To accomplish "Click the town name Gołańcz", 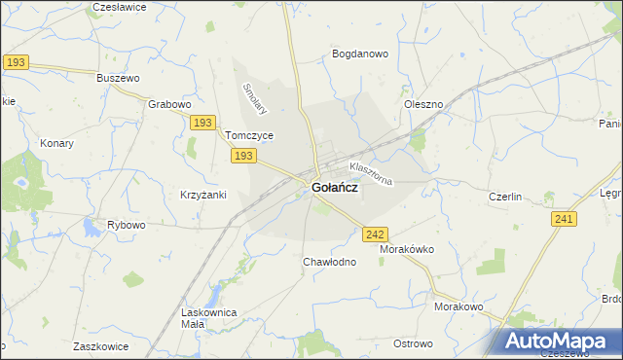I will click(x=333, y=189).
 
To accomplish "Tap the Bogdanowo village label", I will click(x=361, y=54).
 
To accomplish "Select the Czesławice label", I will click(x=119, y=7).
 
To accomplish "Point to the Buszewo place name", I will click(x=120, y=77).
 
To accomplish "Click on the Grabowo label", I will click(x=169, y=103).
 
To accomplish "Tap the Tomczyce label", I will click(x=249, y=136).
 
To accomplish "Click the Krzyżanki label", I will click(x=203, y=195).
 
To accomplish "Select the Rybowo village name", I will click(x=127, y=225).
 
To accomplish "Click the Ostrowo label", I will click(x=413, y=343).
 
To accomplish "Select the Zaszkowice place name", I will click(x=102, y=345).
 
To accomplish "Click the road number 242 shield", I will click(x=377, y=234).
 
